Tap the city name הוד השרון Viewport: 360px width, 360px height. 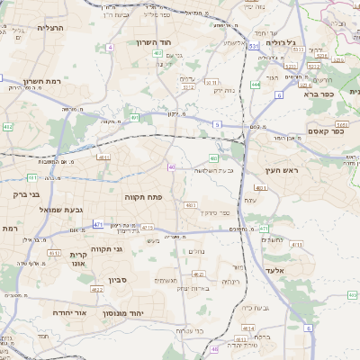tap(159, 42)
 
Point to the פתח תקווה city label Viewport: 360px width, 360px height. tap(143, 195)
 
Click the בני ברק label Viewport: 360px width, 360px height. tap(28, 193)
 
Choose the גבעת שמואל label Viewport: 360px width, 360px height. tap(61, 209)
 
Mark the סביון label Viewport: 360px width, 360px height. tap(120, 280)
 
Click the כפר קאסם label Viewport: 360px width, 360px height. tap(330, 131)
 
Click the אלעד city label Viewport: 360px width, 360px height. tap(275, 270)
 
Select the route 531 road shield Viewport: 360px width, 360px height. tap(255, 44)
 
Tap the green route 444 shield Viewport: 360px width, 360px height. tap(256, 85)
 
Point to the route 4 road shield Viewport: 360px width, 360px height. tap(110, 47)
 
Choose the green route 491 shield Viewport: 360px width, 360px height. tap(135, 117)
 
